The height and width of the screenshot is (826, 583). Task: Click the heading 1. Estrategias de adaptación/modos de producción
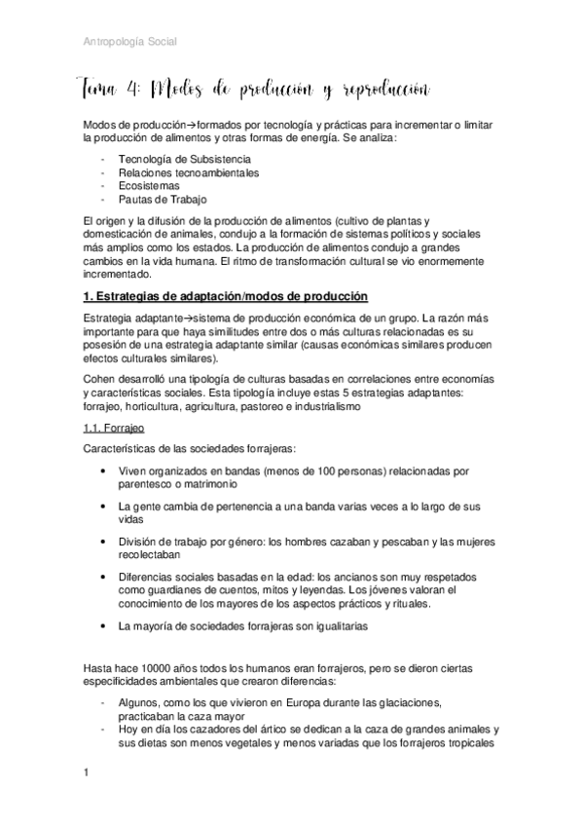[228, 296]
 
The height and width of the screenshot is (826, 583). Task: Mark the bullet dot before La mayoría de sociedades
[104, 626]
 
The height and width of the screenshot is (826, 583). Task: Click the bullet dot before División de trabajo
[104, 542]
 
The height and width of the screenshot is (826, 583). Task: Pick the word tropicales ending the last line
[471, 742]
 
